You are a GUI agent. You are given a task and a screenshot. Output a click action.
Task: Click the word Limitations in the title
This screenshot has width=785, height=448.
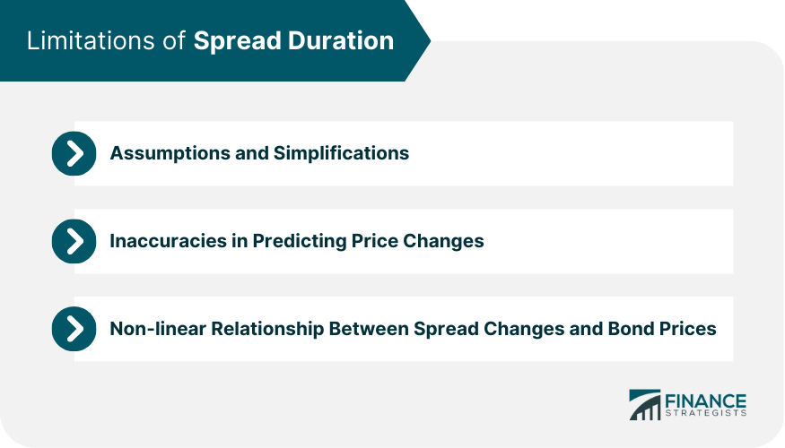click(x=91, y=40)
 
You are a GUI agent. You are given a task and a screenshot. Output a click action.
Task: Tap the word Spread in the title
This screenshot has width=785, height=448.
click(x=237, y=41)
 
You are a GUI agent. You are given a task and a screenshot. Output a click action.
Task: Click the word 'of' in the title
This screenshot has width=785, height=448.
click(x=174, y=40)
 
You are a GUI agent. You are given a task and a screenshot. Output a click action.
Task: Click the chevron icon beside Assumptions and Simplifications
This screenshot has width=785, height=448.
click(x=74, y=153)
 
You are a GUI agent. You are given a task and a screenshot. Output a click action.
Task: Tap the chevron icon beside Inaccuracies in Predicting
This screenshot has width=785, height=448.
click(x=74, y=241)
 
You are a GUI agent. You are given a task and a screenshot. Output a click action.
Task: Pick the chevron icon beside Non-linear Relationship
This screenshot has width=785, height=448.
click(x=74, y=329)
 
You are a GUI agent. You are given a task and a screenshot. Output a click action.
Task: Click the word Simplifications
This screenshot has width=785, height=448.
click(x=341, y=153)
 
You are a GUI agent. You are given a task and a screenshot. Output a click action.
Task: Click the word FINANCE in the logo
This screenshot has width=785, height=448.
click(x=705, y=401)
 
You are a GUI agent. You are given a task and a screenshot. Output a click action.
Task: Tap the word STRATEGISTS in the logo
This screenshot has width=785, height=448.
click(x=705, y=413)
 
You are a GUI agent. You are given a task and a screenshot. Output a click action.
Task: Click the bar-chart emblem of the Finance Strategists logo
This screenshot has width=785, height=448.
click(x=645, y=405)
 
